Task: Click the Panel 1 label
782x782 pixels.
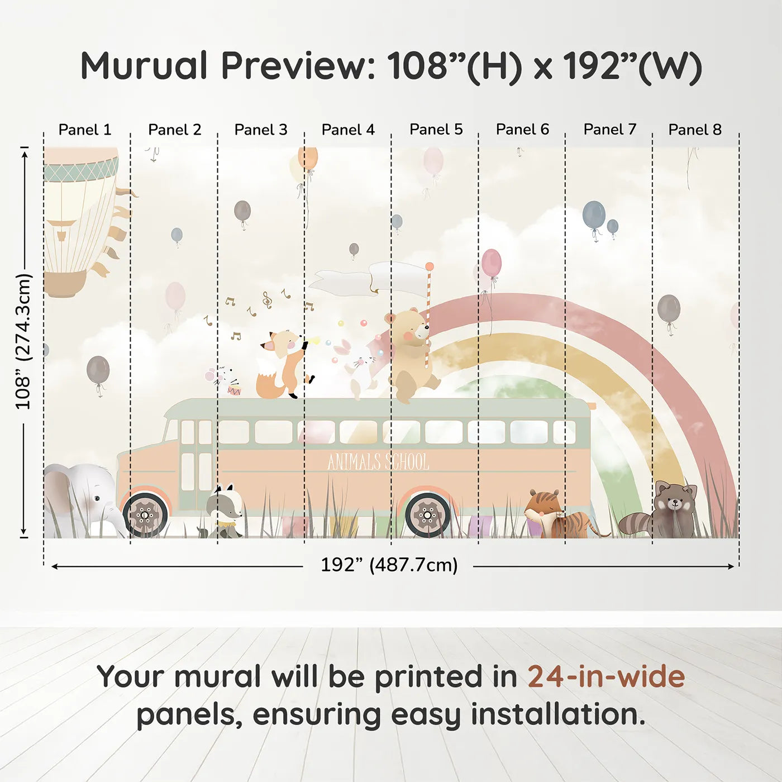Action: pos(85,130)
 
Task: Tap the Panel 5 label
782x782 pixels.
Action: pos(436,130)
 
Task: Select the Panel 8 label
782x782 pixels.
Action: pos(695,130)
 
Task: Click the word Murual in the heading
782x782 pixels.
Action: pos(144,66)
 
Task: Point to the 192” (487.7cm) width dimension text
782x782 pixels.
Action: pos(389,565)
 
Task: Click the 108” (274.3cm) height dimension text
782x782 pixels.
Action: pos(23,341)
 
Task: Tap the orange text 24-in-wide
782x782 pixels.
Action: pos(606,678)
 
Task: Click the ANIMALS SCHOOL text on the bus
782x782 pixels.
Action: pos(378,462)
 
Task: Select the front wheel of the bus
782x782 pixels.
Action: pos(145,515)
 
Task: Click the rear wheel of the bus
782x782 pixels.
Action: pos(427,515)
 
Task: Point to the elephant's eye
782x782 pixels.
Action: pos(96,499)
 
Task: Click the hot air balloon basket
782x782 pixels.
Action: pos(65,284)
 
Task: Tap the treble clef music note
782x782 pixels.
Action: pos(267,301)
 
